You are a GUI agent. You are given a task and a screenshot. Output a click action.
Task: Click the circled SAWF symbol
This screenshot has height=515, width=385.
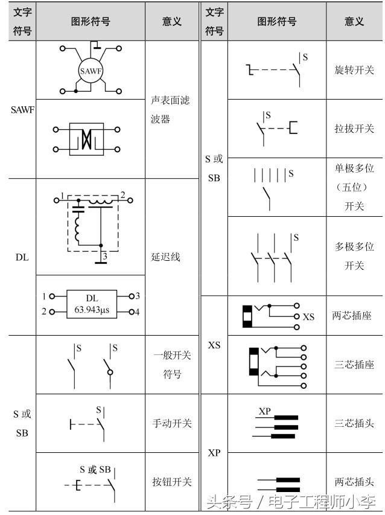coord(91,71)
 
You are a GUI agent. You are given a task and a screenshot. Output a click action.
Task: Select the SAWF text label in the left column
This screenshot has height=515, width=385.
coord(22,110)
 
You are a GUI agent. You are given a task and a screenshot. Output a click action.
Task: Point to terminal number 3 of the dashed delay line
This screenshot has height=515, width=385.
coord(104,257)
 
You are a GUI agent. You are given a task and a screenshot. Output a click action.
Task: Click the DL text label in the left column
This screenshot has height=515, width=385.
coord(22,257)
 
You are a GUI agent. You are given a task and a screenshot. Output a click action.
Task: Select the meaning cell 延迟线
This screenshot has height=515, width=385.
coord(165,257)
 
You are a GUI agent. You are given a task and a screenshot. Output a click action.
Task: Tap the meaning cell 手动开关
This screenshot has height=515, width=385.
coord(172,423)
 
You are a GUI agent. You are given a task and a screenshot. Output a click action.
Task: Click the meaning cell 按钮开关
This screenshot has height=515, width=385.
coord(172,482)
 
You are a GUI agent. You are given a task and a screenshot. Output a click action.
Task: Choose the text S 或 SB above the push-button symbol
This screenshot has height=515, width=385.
coord(95,469)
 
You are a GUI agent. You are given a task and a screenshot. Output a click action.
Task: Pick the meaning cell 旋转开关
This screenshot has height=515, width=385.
coord(354,70)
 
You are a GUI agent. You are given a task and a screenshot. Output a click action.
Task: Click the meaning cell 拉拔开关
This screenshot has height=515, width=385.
coord(354,129)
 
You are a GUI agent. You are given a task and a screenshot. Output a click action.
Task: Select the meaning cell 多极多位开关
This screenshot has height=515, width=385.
coord(354,256)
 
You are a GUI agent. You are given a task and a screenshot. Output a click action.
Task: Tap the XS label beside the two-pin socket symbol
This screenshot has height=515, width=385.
coord(308,316)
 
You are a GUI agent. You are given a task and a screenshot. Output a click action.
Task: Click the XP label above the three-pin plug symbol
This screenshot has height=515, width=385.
coord(265,411)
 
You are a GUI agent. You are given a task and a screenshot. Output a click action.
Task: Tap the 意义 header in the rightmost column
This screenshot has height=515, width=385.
coord(354,21)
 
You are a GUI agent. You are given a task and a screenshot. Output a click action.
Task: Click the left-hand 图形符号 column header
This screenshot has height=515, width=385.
coord(91,21)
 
